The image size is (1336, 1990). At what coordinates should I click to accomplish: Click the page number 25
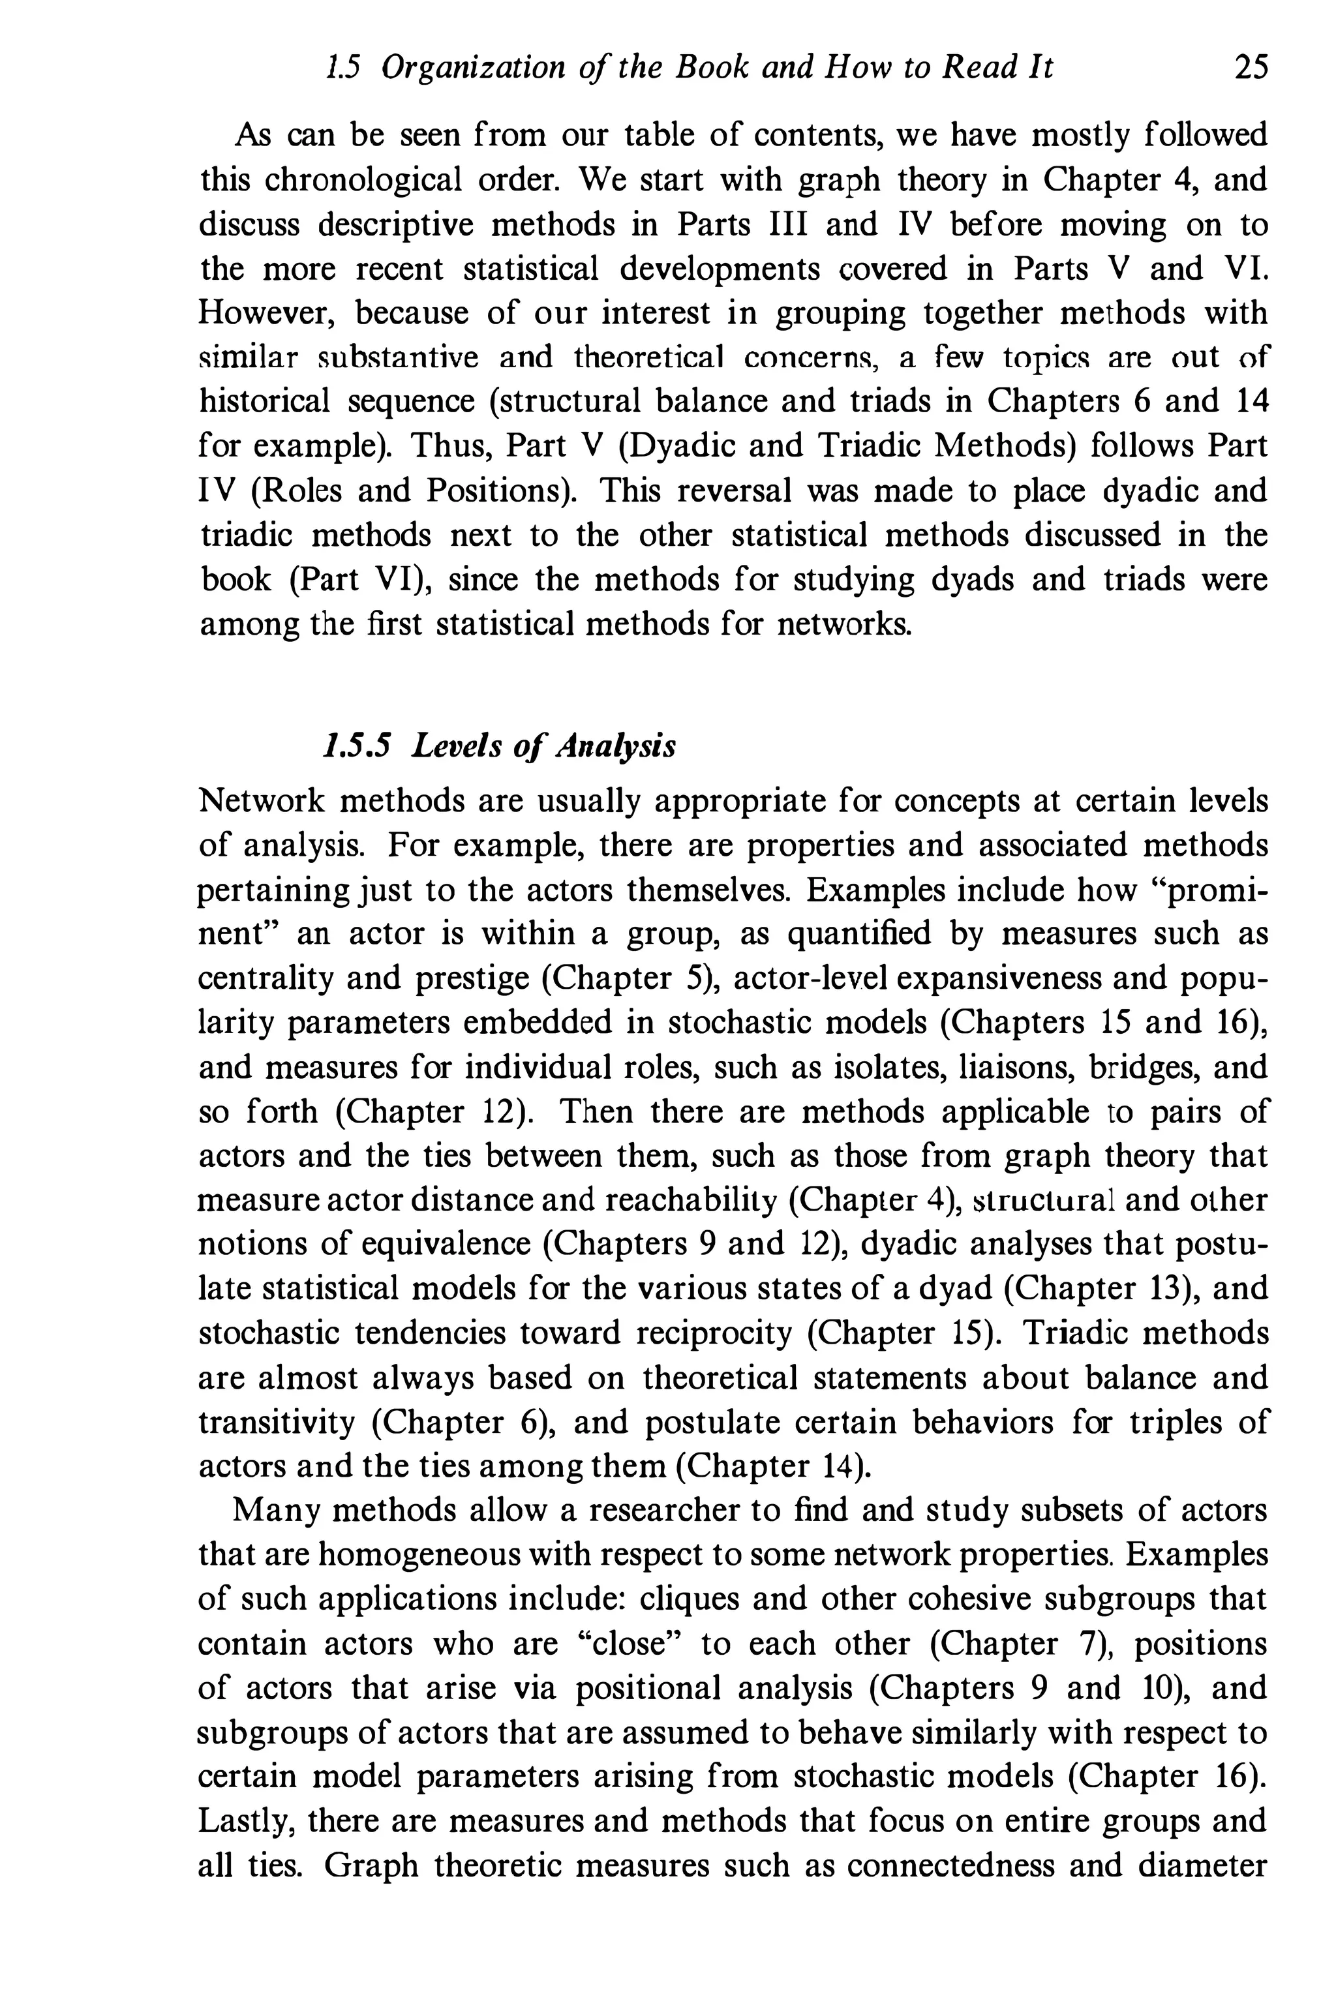pyautogui.click(x=1250, y=67)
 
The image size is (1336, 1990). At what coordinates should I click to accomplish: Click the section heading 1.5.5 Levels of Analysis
pyautogui.click(x=500, y=746)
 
